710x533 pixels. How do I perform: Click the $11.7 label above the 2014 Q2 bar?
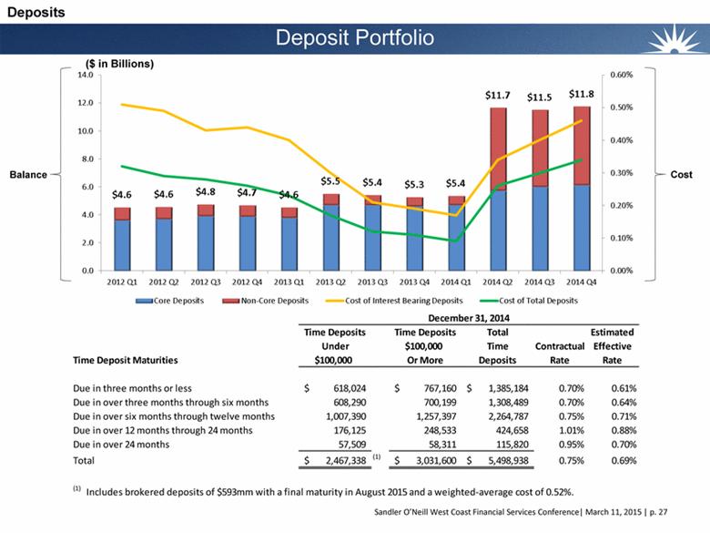tap(498, 94)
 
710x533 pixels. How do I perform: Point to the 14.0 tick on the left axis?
tap(85, 76)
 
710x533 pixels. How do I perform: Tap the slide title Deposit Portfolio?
tap(355, 37)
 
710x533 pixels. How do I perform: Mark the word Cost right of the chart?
tap(680, 173)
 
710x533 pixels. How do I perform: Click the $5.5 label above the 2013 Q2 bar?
tap(331, 181)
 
